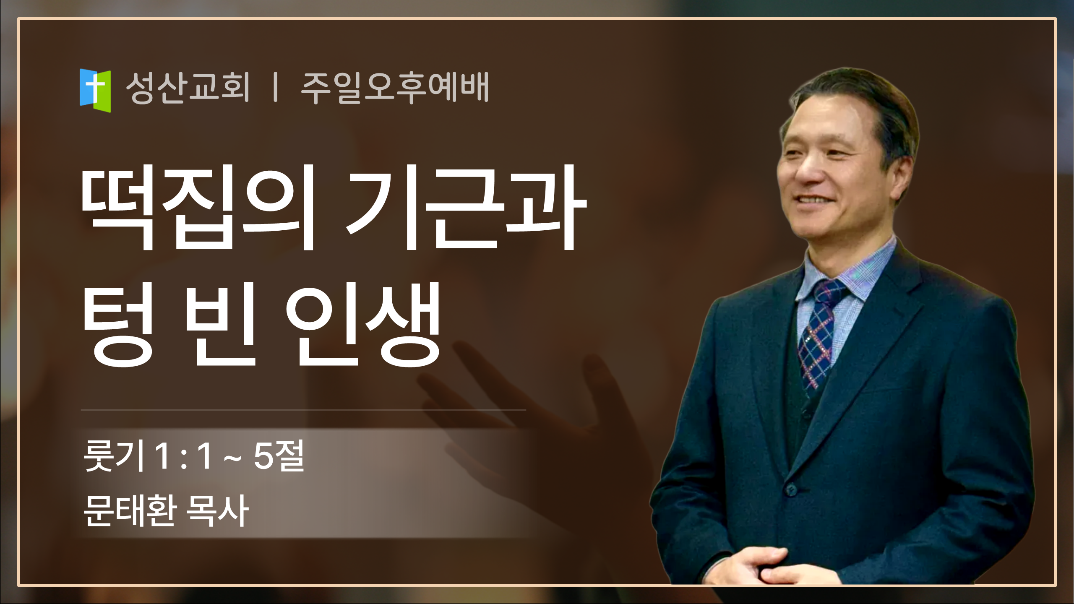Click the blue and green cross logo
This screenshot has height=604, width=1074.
tap(95, 91)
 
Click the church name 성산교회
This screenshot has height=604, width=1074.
tap(188, 87)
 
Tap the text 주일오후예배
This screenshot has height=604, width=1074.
tap(395, 87)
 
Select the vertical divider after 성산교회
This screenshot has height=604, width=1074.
tap(275, 87)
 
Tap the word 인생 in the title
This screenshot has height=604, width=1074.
tap(363, 324)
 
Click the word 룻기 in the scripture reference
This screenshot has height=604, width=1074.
tap(114, 456)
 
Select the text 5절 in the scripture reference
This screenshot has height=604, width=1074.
tap(279, 456)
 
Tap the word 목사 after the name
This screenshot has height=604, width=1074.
tap(217, 510)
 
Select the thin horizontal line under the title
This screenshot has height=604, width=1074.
tap(303, 410)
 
